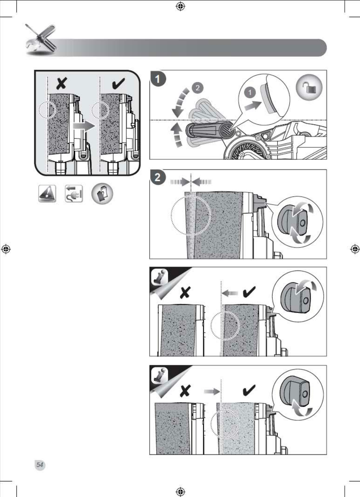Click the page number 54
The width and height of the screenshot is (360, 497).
40,464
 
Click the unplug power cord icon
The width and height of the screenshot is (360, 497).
74,194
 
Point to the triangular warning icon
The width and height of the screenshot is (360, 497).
47,194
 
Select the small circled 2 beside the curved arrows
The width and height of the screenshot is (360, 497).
198,87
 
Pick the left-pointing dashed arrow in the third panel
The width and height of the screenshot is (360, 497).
231,292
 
